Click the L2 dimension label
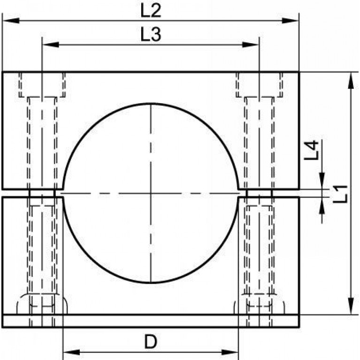click(151, 10)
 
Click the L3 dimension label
click(151, 34)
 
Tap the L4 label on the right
click(312, 150)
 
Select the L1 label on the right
click(340, 194)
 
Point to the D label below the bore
click(151, 341)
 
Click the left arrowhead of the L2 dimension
click(11, 21)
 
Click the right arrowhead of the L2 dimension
click(290, 21)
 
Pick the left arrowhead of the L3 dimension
click(51, 45)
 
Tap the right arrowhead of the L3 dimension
click(251, 45)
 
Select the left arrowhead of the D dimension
click(71, 352)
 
